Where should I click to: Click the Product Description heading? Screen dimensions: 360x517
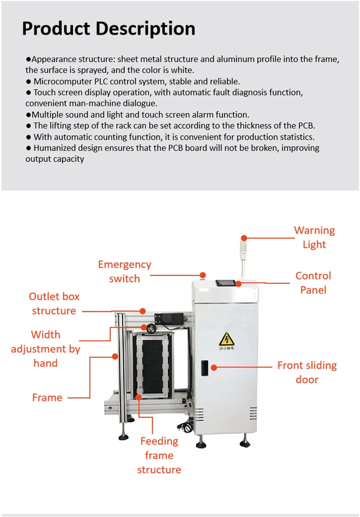(108, 28)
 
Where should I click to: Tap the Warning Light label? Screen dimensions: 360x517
(314, 237)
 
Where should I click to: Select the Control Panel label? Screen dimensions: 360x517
(313, 282)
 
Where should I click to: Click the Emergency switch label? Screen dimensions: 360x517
(124, 271)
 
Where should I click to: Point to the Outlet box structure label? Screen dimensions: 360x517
(54, 304)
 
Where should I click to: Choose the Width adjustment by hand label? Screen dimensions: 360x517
(46, 349)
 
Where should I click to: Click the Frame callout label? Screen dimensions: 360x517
(47, 398)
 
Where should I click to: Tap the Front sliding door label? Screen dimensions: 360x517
(307, 372)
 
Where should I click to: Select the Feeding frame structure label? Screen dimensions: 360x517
(159, 455)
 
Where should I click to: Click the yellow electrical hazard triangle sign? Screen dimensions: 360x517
(227, 340)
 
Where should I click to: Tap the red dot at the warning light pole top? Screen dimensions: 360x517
(244, 238)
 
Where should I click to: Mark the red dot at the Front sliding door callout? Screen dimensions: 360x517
(215, 367)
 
